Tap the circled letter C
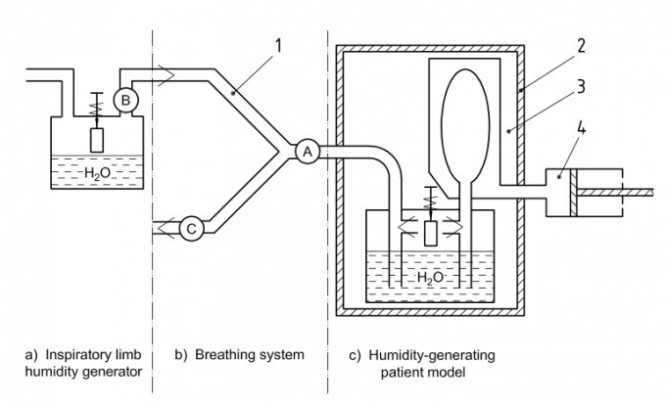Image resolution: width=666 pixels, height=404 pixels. point(191,229)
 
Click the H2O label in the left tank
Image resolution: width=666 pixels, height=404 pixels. point(97,173)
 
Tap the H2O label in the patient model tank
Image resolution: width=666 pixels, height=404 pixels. point(432,278)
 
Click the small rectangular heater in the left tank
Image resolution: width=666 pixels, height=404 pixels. point(97,139)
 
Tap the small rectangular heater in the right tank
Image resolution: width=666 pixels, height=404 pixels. point(432,233)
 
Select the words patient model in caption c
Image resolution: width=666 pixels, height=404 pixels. point(423,372)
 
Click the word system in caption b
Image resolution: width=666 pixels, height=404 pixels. point(283,353)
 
